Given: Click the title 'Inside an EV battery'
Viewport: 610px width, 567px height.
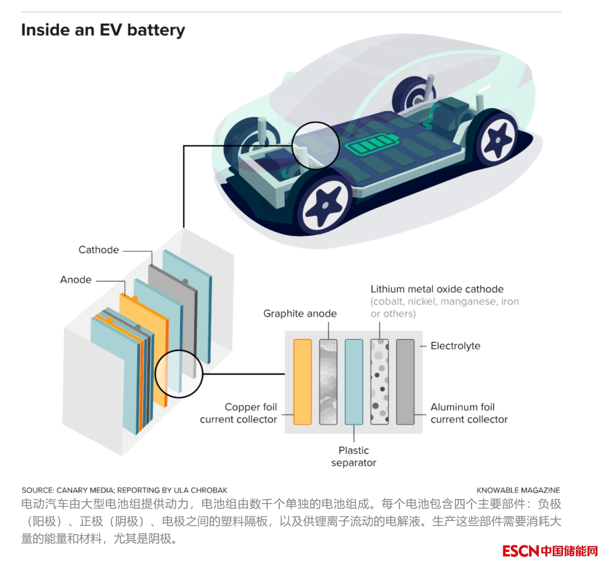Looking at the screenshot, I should (x=103, y=30).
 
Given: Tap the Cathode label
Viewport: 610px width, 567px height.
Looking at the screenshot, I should (x=99, y=250).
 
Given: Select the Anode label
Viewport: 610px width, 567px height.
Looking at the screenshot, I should (x=76, y=280).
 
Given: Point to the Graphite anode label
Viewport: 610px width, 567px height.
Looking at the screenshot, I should (x=300, y=313).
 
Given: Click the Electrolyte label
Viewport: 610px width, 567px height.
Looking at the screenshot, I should (x=455, y=346).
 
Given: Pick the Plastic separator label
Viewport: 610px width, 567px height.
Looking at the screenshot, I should (x=354, y=457).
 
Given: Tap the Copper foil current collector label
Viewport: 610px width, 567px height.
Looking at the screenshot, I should (x=239, y=413).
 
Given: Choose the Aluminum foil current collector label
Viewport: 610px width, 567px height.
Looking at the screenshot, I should (x=469, y=413).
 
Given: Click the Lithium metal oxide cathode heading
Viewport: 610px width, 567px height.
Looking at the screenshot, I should (x=437, y=289).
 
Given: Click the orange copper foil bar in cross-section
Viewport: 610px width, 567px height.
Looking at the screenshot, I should (x=302, y=382).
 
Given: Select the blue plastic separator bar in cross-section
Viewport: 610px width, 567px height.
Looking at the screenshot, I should (x=354, y=382).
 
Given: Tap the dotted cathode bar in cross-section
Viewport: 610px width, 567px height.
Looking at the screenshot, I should (x=380, y=382).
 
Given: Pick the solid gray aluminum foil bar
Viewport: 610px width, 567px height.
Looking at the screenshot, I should (x=405, y=382).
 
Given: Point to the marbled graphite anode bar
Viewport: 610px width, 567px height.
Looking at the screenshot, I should (x=328, y=382).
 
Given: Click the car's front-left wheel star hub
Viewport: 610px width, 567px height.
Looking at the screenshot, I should (x=324, y=205).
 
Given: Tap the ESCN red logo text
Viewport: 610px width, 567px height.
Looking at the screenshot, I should (x=521, y=551).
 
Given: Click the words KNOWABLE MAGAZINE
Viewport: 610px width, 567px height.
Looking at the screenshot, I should (x=518, y=490).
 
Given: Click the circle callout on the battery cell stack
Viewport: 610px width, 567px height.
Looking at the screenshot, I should (x=179, y=374).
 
